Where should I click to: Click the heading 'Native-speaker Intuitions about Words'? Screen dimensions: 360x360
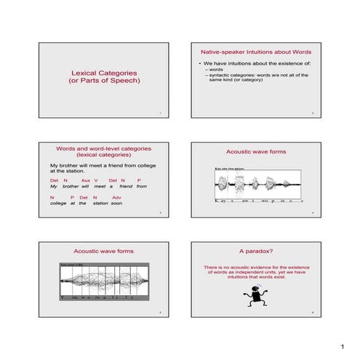(251, 53)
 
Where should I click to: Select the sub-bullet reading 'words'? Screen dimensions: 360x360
(218, 70)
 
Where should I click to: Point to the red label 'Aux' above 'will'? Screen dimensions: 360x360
(85, 180)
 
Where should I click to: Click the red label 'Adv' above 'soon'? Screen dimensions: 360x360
(117, 197)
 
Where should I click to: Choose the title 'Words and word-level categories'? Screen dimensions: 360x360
(104, 148)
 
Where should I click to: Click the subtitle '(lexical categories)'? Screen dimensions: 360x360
(104, 155)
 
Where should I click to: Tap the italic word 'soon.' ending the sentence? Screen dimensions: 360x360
(117, 204)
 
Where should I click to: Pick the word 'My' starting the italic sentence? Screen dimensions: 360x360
(53, 186)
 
